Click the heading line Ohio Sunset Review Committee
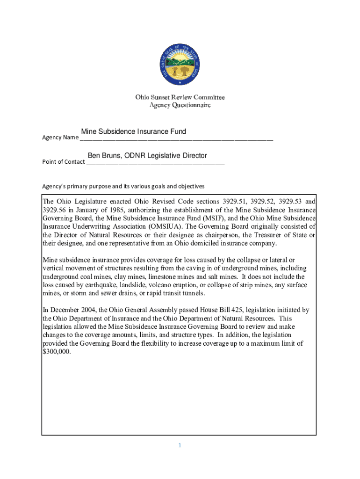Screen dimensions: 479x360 (180, 97)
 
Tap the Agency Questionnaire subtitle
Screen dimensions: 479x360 (180, 105)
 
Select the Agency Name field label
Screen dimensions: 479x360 (60, 138)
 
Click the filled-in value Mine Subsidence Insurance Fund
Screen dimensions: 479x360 (133, 132)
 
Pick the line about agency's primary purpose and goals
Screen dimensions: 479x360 (123, 186)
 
